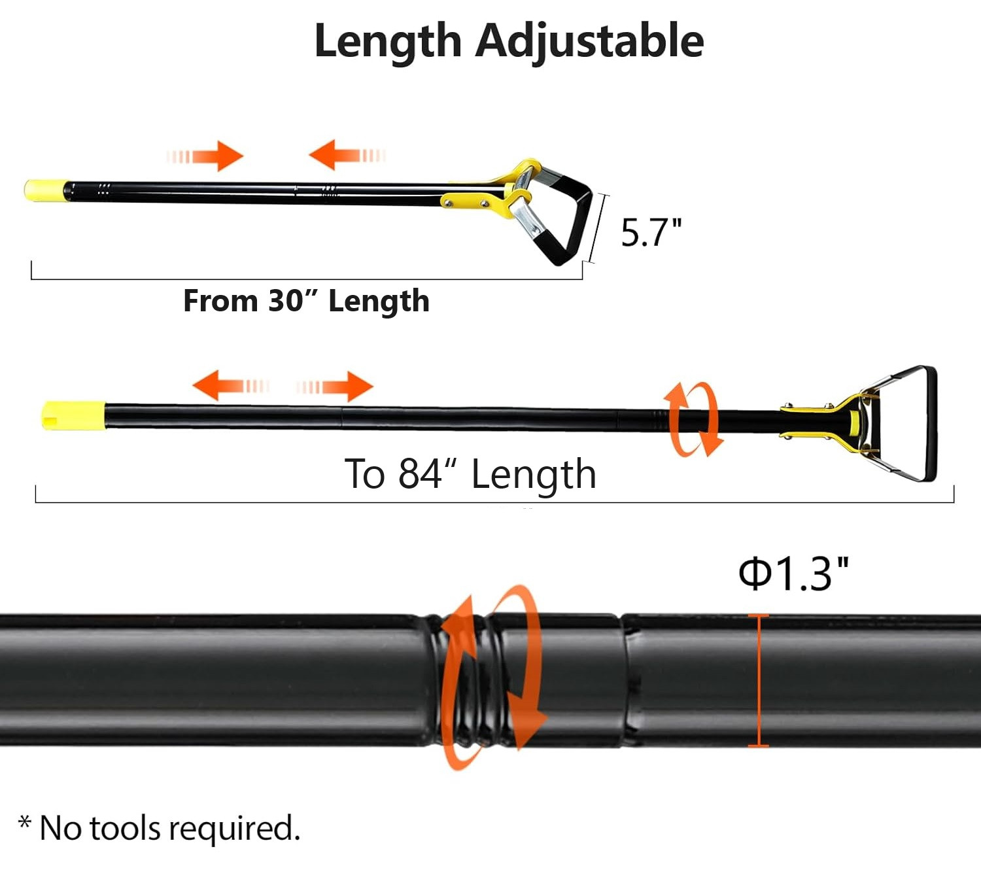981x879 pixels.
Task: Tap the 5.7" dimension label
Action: [651, 233]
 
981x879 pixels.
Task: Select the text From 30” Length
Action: [307, 301]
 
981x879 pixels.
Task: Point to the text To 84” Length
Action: [470, 474]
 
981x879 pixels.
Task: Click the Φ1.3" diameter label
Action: [793, 574]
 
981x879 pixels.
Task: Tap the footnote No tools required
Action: [170, 828]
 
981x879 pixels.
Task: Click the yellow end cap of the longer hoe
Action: [74, 415]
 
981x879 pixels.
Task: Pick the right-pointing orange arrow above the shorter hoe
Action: [205, 156]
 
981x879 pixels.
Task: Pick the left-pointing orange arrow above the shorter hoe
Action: [347, 155]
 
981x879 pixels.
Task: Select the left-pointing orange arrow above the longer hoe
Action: [230, 385]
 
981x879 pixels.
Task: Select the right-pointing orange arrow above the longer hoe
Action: [335, 387]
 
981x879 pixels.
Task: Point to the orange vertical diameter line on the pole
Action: [758, 680]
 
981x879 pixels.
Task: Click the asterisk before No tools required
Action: [25, 822]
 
